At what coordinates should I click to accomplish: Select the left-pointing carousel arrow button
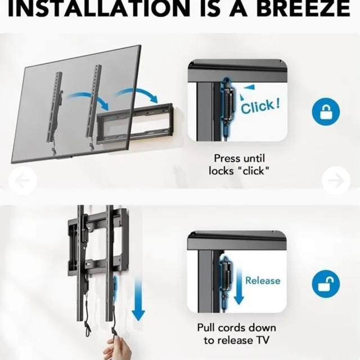tap(23, 181)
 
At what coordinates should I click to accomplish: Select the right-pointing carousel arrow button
tap(336, 181)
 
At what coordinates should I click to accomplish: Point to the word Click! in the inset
tap(260, 105)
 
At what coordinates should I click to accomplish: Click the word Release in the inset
tap(262, 280)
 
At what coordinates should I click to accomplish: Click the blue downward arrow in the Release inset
tap(238, 286)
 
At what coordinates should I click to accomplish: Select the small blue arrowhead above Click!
tap(247, 87)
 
